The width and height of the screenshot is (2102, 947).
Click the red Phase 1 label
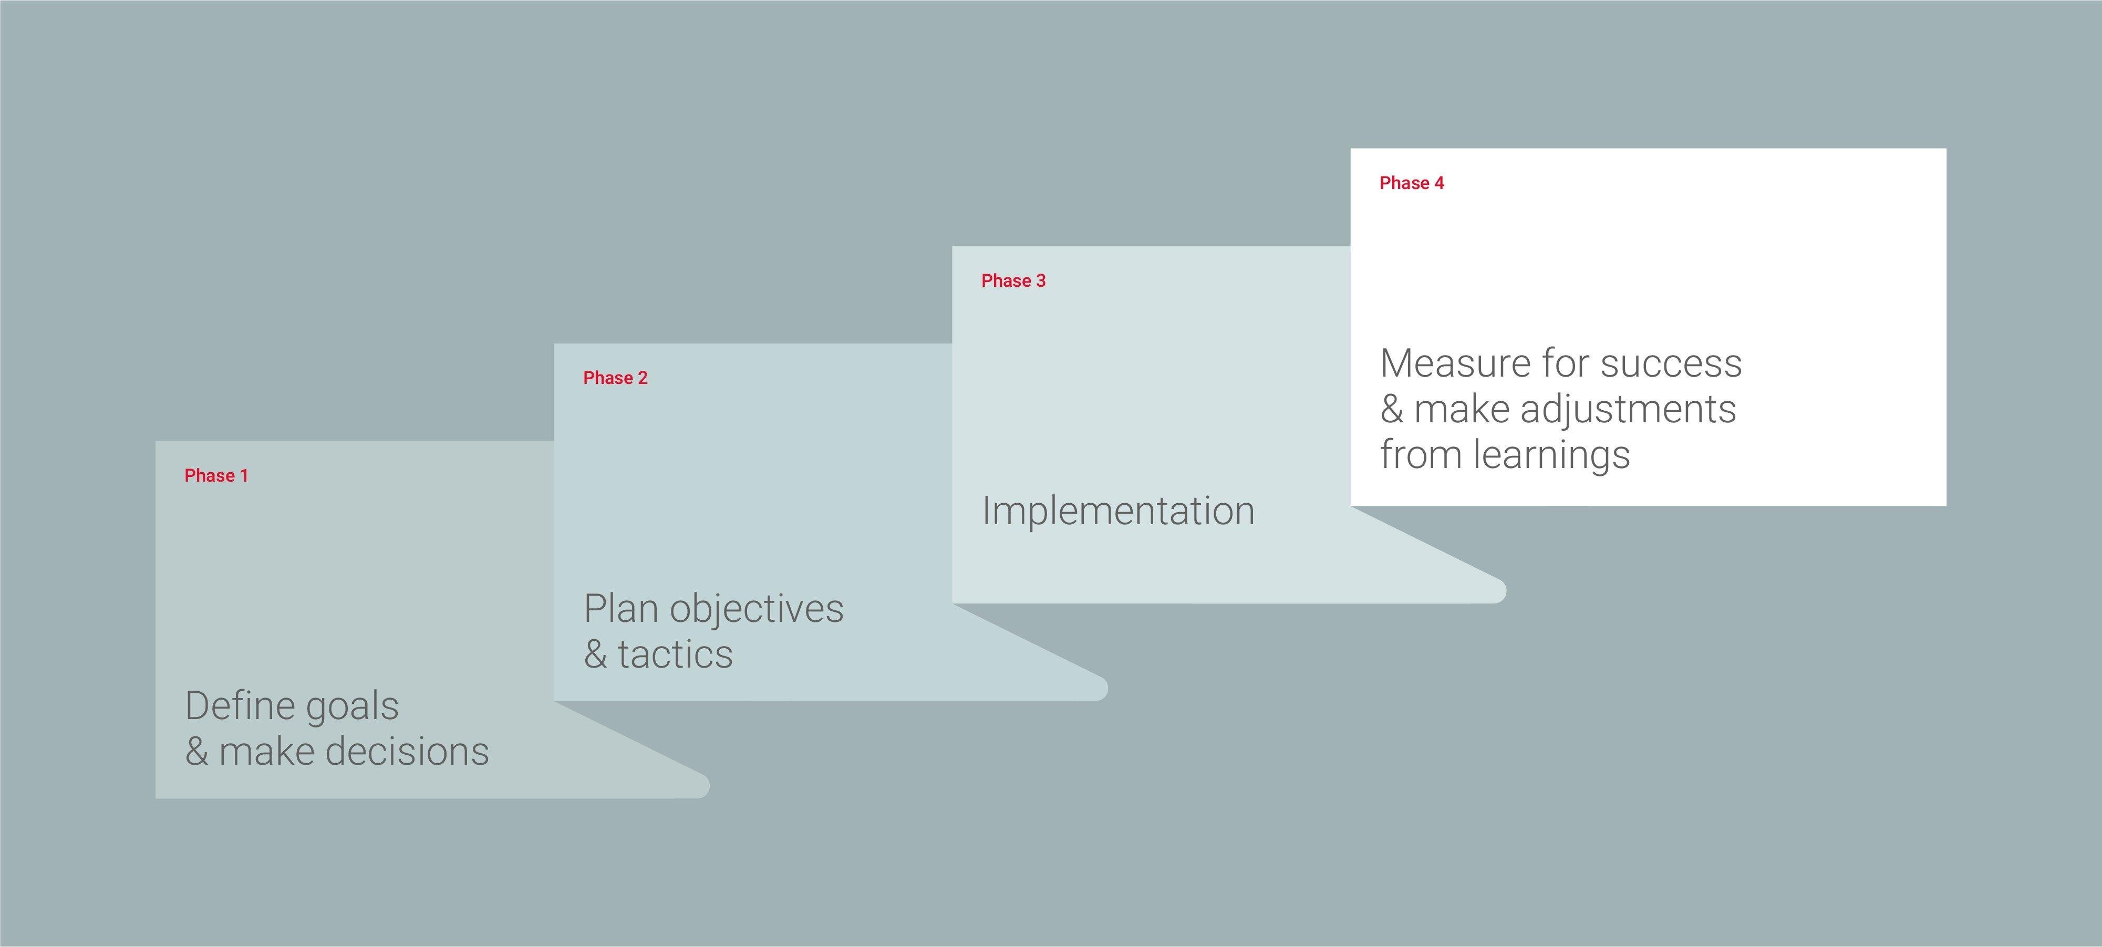click(216, 475)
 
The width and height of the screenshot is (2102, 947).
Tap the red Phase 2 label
click(615, 378)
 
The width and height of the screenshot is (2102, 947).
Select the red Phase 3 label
click(1013, 280)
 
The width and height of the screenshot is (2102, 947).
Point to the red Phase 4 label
click(1412, 183)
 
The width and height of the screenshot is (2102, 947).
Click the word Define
click(239, 705)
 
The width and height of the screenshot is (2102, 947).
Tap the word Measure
click(1454, 363)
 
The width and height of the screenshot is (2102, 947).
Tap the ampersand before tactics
click(596, 654)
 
